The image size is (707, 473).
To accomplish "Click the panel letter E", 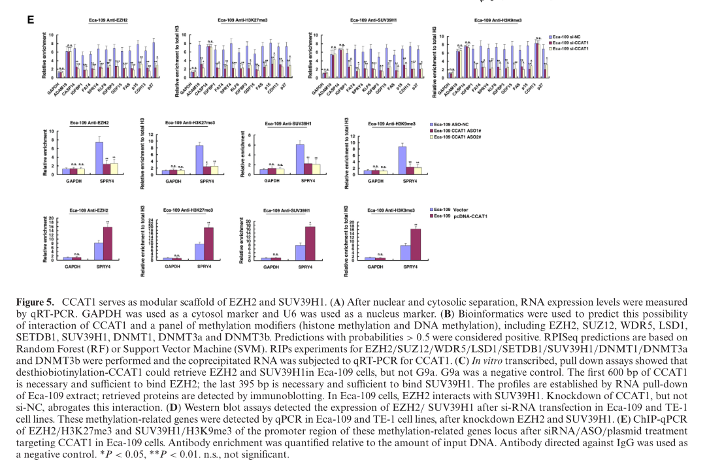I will point(30,20).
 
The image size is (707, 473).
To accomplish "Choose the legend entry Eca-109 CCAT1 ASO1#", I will point(455,130).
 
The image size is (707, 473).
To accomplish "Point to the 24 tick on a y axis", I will point(150,220).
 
